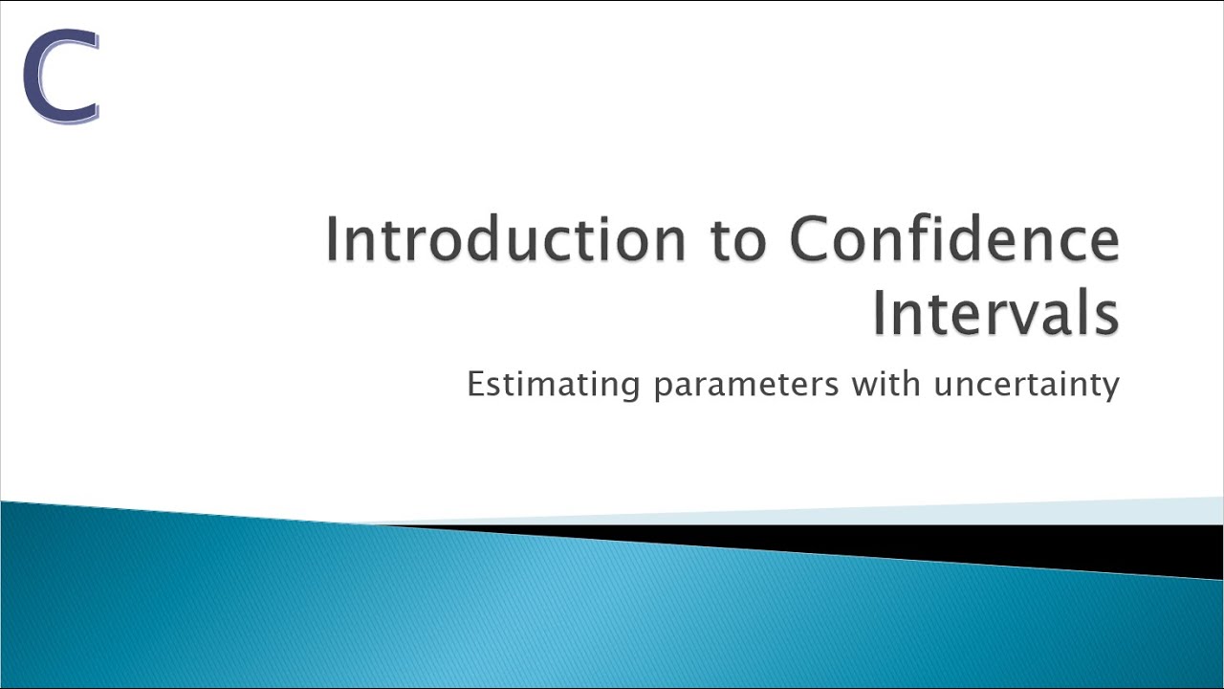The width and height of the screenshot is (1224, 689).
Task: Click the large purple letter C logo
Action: click(60, 77)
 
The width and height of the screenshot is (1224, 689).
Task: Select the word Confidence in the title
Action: click(954, 238)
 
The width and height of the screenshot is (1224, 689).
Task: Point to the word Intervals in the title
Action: click(994, 313)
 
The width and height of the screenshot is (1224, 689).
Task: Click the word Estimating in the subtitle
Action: click(553, 385)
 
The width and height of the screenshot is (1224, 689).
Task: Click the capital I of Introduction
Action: click(333, 238)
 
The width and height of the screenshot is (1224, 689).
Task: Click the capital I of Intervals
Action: click(880, 313)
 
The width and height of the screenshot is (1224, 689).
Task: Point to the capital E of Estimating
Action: click(476, 384)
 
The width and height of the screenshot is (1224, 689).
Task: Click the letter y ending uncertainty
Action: click(1109, 389)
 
